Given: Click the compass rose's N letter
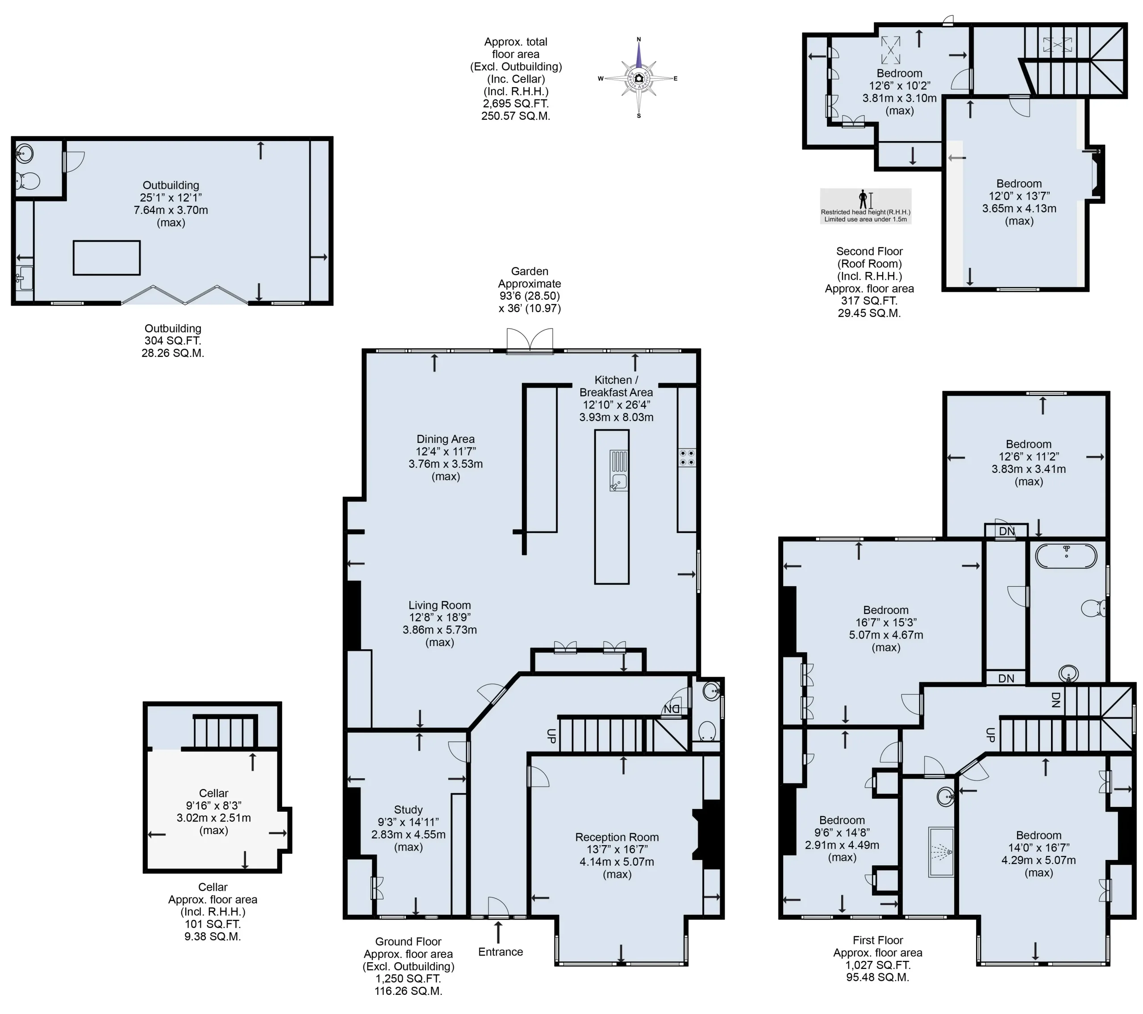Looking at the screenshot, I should coord(638,39).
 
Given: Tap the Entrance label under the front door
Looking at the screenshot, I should coord(501,952).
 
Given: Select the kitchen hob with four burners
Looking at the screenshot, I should coord(687,458).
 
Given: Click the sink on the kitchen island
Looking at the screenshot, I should coord(619,482).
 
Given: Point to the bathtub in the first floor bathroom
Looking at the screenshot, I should coord(1066,556).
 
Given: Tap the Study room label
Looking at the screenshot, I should coord(408,810).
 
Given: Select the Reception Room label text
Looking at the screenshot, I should coord(617,837).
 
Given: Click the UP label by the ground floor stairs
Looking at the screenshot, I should coord(551,736).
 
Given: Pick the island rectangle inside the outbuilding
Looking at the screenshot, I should coord(106,258).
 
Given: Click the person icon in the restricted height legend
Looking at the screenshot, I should coord(864,199).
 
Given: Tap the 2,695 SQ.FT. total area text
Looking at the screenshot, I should coord(516,104).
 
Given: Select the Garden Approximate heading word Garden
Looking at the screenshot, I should coord(529,271).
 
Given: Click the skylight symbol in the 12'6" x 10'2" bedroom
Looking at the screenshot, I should coord(891,50).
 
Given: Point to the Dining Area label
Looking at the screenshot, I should coord(446,439).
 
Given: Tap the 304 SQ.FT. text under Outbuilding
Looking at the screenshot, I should coord(172,341).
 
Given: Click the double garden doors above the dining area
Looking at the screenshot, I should coord(530,341).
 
